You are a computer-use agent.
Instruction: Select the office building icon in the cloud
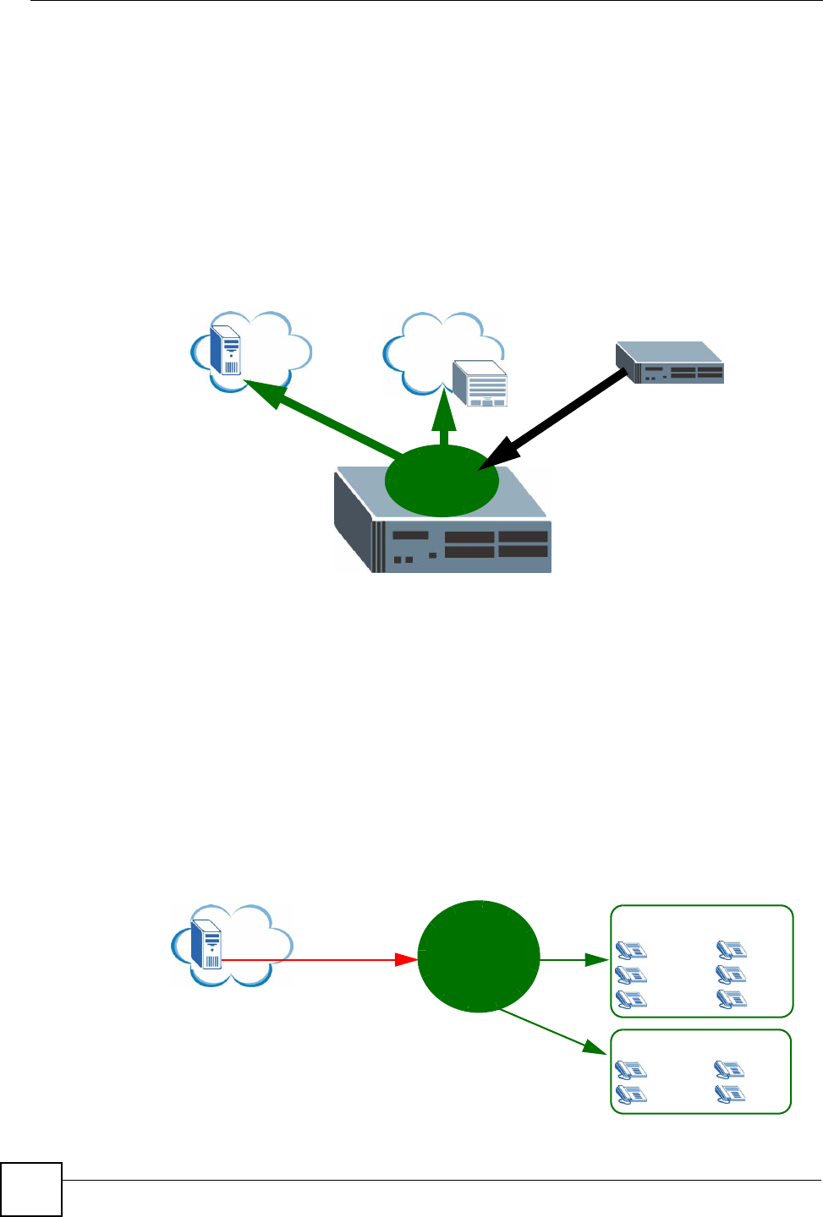click(480, 384)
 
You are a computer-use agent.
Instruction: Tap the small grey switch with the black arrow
click(671, 363)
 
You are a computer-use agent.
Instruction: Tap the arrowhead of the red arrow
click(408, 960)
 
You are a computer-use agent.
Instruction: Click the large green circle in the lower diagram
click(479, 956)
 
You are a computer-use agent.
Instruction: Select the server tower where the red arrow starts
click(207, 944)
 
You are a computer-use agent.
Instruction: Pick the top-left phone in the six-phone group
click(631, 950)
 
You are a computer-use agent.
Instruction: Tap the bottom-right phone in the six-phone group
click(732, 1000)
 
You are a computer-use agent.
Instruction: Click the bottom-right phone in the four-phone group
click(729, 1095)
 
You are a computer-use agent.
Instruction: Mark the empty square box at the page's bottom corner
click(31, 1190)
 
